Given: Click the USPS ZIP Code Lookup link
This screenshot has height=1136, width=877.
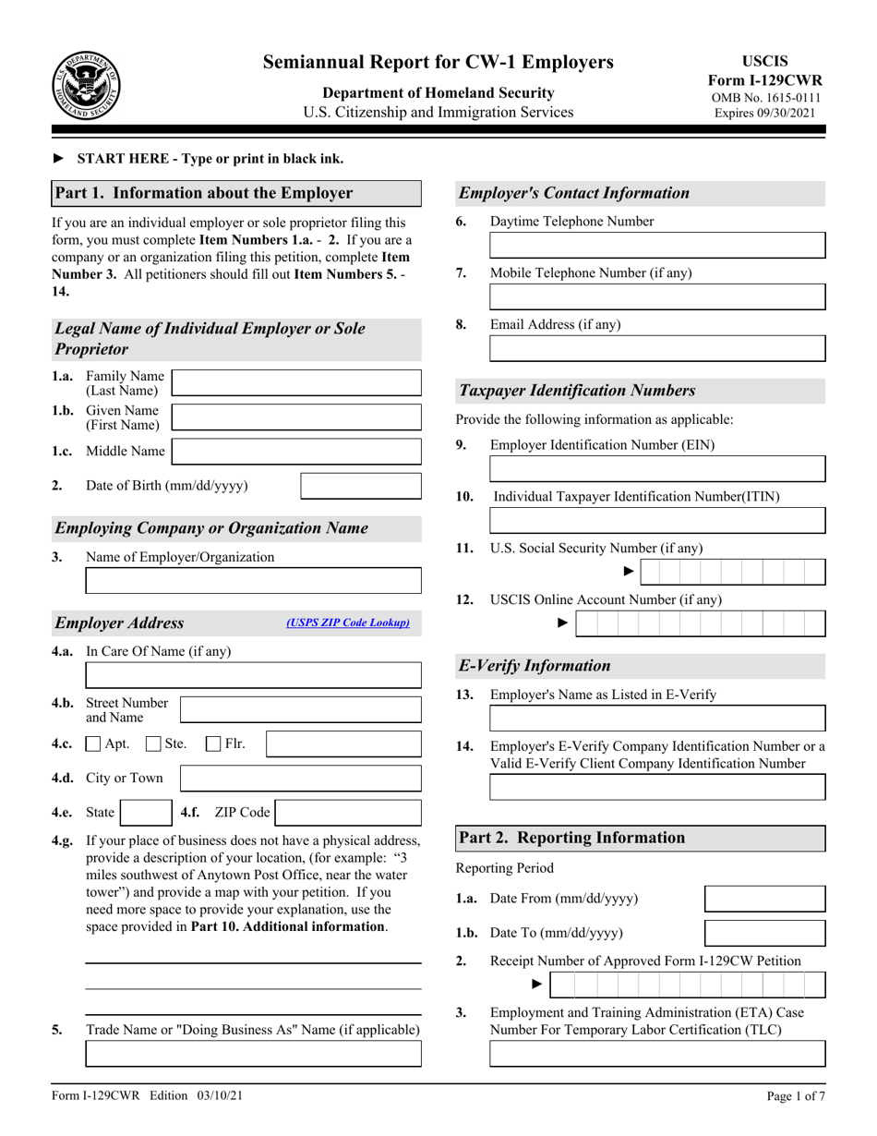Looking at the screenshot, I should (x=348, y=623).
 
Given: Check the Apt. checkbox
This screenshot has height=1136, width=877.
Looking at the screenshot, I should (x=93, y=743).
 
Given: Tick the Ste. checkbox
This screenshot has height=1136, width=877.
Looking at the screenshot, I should (x=154, y=743).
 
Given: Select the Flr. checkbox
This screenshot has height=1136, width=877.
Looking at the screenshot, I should (x=213, y=743).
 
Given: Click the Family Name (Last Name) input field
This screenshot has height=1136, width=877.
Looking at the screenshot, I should (x=296, y=382).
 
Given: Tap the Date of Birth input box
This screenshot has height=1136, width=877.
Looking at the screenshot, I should (x=361, y=486).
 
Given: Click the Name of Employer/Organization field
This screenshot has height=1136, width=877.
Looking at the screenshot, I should (x=253, y=581).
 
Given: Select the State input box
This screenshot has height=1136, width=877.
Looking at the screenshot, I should (x=144, y=813).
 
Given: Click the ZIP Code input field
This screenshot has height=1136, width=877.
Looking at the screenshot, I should (x=349, y=813).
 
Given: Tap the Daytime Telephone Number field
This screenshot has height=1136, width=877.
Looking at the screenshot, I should (x=656, y=245).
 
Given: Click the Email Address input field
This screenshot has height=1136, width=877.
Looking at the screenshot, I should (x=656, y=348).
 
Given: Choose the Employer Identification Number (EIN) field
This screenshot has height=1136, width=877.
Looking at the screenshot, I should (x=656, y=468).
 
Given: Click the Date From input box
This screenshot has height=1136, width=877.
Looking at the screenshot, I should (x=764, y=899).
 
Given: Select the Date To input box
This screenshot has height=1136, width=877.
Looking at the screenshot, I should (x=764, y=933).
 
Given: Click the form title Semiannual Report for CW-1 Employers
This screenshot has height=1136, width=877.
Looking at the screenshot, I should (x=438, y=62).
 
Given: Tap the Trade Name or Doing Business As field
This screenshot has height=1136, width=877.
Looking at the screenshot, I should (x=253, y=1054).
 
